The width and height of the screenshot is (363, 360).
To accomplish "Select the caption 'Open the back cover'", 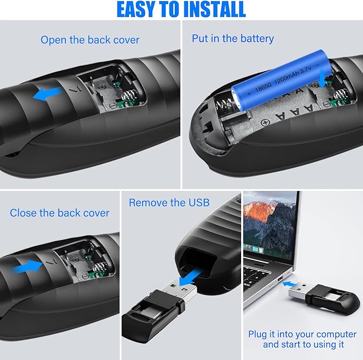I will pyautogui.click(x=90, y=40).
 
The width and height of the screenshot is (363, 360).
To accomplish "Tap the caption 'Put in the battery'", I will pyautogui.click(x=233, y=39).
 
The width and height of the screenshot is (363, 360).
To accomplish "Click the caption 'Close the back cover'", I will pyautogui.click(x=59, y=213).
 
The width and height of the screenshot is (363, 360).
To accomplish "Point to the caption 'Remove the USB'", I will pyautogui.click(x=169, y=203).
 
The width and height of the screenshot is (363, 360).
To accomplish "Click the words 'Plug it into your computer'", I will pyautogui.click(x=302, y=334).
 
